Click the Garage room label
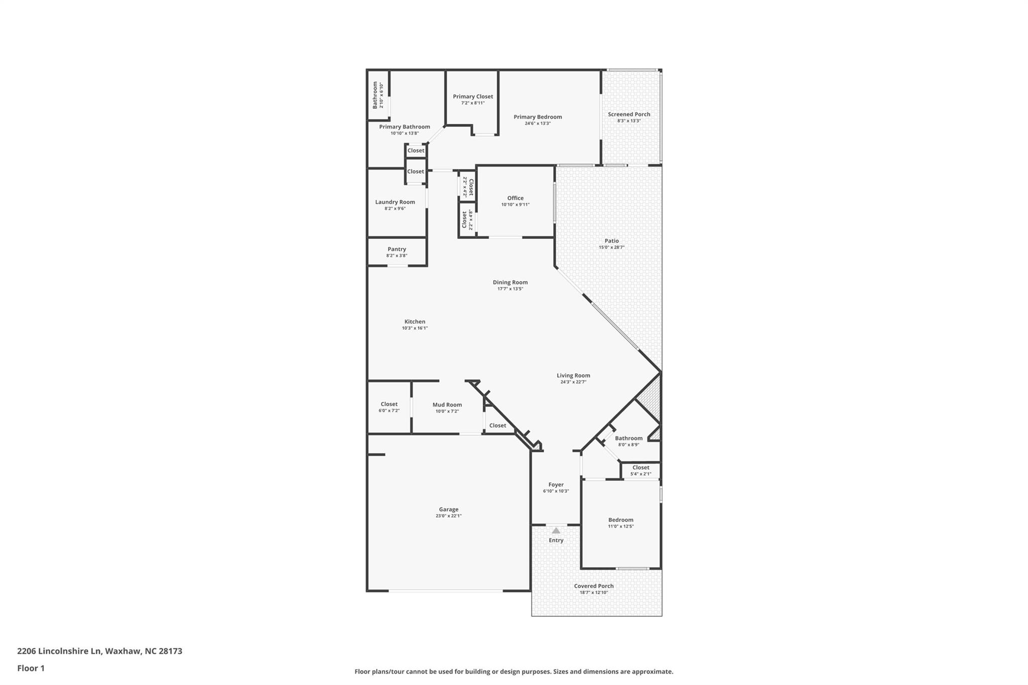coord(449,509)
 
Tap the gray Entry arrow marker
coord(556,530)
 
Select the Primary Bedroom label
coord(538,117)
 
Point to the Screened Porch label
coord(629,114)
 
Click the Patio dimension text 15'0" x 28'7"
coord(611,247)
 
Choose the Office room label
coord(515,198)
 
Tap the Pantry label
coord(397,249)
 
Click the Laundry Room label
coord(395,202)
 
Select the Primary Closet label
coord(473,96)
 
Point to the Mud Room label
coord(447,405)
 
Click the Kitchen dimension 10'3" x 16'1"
coord(415,328)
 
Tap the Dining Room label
coord(510,283)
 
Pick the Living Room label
coord(573,375)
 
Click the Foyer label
coord(556,485)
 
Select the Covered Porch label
coord(594,586)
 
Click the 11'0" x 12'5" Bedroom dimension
coord(621,526)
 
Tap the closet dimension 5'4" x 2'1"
coord(640,474)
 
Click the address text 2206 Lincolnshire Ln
coord(59,651)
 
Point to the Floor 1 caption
coord(31,668)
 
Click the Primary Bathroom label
coord(405,127)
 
